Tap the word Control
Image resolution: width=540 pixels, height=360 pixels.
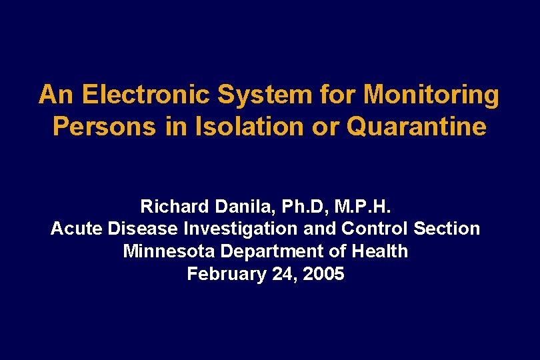point(375,229)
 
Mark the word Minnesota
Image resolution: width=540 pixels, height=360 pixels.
point(169,251)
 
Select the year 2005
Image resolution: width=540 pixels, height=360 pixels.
point(323,274)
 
